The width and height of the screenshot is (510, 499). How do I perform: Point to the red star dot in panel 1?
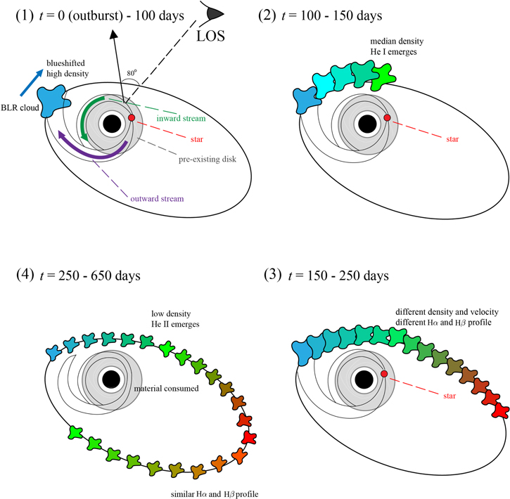(132, 117)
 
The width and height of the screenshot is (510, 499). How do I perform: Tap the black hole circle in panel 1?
(111, 124)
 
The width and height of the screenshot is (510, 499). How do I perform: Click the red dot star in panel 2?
(386, 117)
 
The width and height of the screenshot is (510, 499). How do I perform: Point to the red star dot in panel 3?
(384, 373)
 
